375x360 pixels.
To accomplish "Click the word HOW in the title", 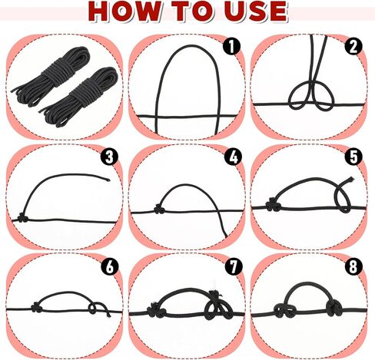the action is [x=124, y=11].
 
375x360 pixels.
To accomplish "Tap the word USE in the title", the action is [x=256, y=11].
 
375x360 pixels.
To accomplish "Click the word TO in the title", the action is [x=192, y=11].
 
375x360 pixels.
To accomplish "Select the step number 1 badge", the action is [x=231, y=46].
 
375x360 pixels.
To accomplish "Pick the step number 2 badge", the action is [x=353, y=47].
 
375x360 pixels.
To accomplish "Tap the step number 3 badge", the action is [x=109, y=157].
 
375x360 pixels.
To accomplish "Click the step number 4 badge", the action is [x=233, y=157].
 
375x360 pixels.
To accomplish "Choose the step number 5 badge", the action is [x=353, y=157].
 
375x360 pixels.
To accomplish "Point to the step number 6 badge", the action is [x=110, y=266].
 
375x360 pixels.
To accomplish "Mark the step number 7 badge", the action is [x=234, y=266].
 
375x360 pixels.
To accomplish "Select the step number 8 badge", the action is [x=353, y=266].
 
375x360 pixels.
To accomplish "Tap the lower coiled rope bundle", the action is [x=80, y=97].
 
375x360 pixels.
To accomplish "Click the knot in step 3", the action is [x=22, y=219].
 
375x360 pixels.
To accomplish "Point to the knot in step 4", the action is [x=159, y=210].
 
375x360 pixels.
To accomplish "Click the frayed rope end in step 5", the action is [x=350, y=180].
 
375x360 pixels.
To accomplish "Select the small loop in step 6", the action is [x=92, y=309].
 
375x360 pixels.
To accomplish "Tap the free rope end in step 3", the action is [x=108, y=180].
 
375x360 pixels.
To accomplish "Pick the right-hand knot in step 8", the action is [x=334, y=308].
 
